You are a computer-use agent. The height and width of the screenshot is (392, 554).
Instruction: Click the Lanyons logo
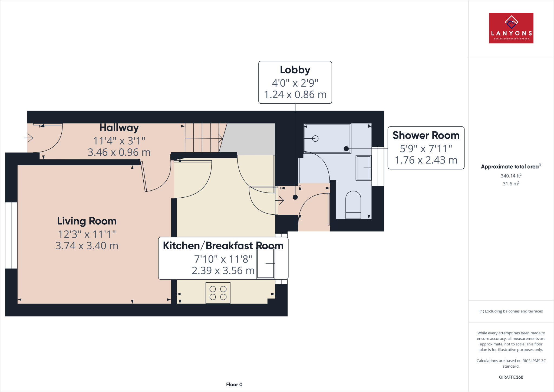click(x=511, y=28)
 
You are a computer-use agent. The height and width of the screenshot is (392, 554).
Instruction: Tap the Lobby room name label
click(x=295, y=70)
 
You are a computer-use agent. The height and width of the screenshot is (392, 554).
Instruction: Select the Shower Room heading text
click(x=426, y=135)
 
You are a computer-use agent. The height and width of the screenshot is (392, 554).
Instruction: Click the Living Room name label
click(x=87, y=221)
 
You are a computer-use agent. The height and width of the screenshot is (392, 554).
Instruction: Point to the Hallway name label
click(x=119, y=128)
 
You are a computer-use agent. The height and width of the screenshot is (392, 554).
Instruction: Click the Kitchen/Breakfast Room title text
click(x=223, y=246)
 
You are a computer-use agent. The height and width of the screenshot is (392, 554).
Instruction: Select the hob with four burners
click(x=218, y=293)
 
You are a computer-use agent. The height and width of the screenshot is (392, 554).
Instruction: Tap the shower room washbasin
click(x=364, y=168)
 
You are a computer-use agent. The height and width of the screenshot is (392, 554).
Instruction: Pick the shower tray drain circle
click(x=315, y=139)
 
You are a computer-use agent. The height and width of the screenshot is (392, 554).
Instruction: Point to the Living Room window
click(x=11, y=235)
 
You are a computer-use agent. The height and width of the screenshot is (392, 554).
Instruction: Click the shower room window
click(x=378, y=166)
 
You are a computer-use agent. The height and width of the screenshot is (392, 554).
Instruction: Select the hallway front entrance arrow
click(x=28, y=138)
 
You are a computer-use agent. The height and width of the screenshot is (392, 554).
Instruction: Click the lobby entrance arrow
click(x=280, y=200)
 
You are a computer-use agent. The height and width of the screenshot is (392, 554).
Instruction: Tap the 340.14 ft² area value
click(x=511, y=176)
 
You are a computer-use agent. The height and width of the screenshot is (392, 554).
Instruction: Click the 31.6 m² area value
click(x=511, y=184)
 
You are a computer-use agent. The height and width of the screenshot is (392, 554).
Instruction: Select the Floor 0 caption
click(x=234, y=385)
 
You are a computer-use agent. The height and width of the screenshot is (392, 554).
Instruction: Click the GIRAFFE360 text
click(x=511, y=377)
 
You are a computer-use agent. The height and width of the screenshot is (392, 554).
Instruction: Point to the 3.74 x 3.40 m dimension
click(x=87, y=246)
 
